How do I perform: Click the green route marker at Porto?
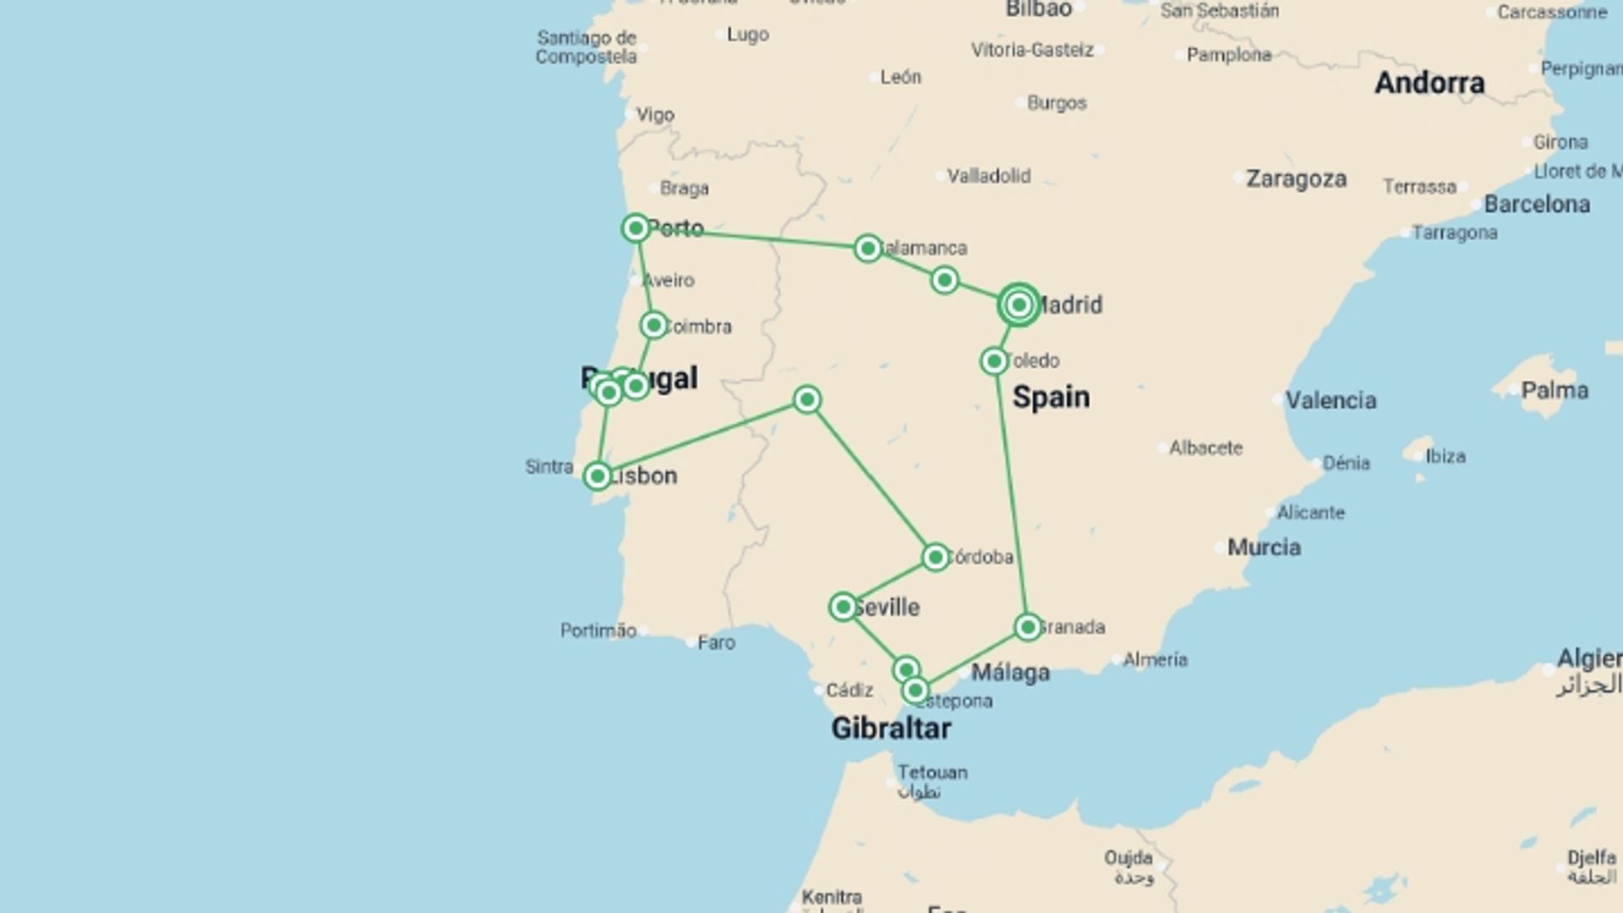(x=636, y=227)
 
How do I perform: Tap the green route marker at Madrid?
(x=1019, y=304)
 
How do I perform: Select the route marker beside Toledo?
(x=994, y=362)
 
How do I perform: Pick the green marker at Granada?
(x=1028, y=627)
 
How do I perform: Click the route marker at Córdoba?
(x=935, y=557)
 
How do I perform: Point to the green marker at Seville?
(x=843, y=607)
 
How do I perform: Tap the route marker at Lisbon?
(x=598, y=476)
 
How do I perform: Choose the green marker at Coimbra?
(x=653, y=325)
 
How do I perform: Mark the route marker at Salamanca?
(x=867, y=249)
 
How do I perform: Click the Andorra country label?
(x=1429, y=83)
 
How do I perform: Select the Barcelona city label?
(x=1537, y=205)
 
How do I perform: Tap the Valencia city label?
(x=1331, y=400)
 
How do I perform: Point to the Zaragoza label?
(x=1296, y=179)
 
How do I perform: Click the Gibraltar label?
(x=891, y=729)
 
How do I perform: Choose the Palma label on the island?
(x=1555, y=391)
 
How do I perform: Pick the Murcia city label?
(x=1264, y=548)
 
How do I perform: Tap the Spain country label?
(x=1051, y=397)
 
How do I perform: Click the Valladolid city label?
(x=988, y=177)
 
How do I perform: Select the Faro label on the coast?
(x=716, y=642)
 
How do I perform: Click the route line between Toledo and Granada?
(x=1011, y=495)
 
